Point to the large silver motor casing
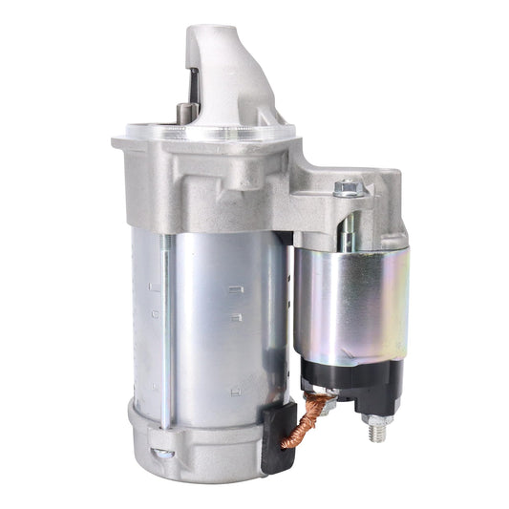tap(220, 315)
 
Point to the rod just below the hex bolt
tap(348, 224)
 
